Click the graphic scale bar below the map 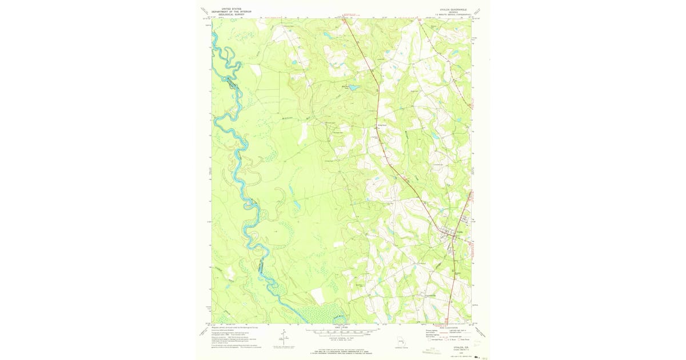pyautogui.click(x=341, y=331)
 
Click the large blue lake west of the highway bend pyautogui.click(x=353, y=88)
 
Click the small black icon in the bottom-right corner pyautogui.click(x=477, y=356)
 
